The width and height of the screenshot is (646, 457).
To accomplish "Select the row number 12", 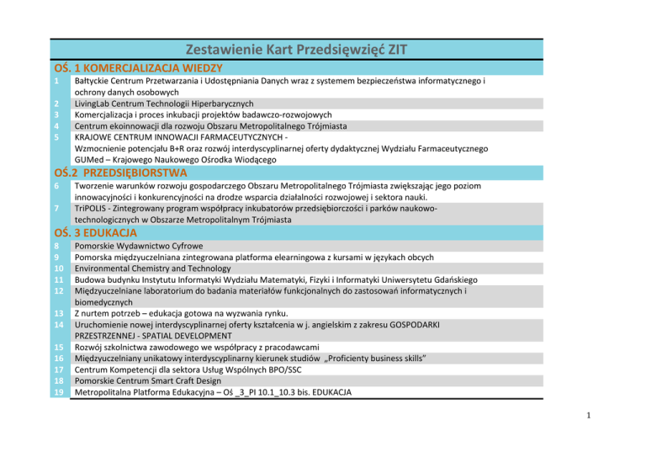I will (x=59, y=290).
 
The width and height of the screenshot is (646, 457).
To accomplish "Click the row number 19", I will (x=59, y=392).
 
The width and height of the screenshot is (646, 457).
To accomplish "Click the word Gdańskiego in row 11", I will (x=447, y=279).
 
